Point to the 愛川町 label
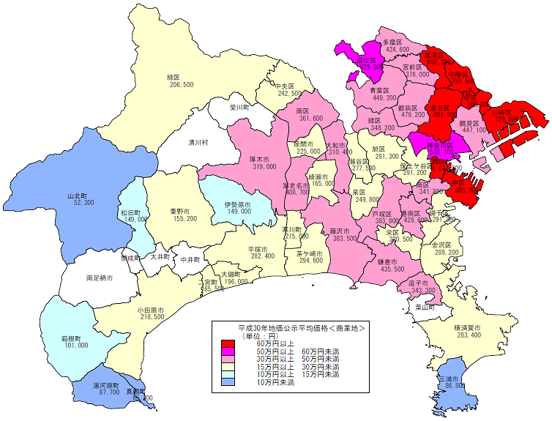coord(240,107)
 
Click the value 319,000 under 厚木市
coord(264,166)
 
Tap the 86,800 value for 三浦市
coord(454,384)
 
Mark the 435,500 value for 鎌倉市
coord(392,269)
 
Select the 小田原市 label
coord(150,310)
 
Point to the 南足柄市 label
coord(99,278)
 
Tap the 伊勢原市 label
coord(238,204)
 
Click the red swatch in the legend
coord(228,343)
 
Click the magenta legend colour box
coord(228,351)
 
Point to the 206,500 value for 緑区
coord(182,85)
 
